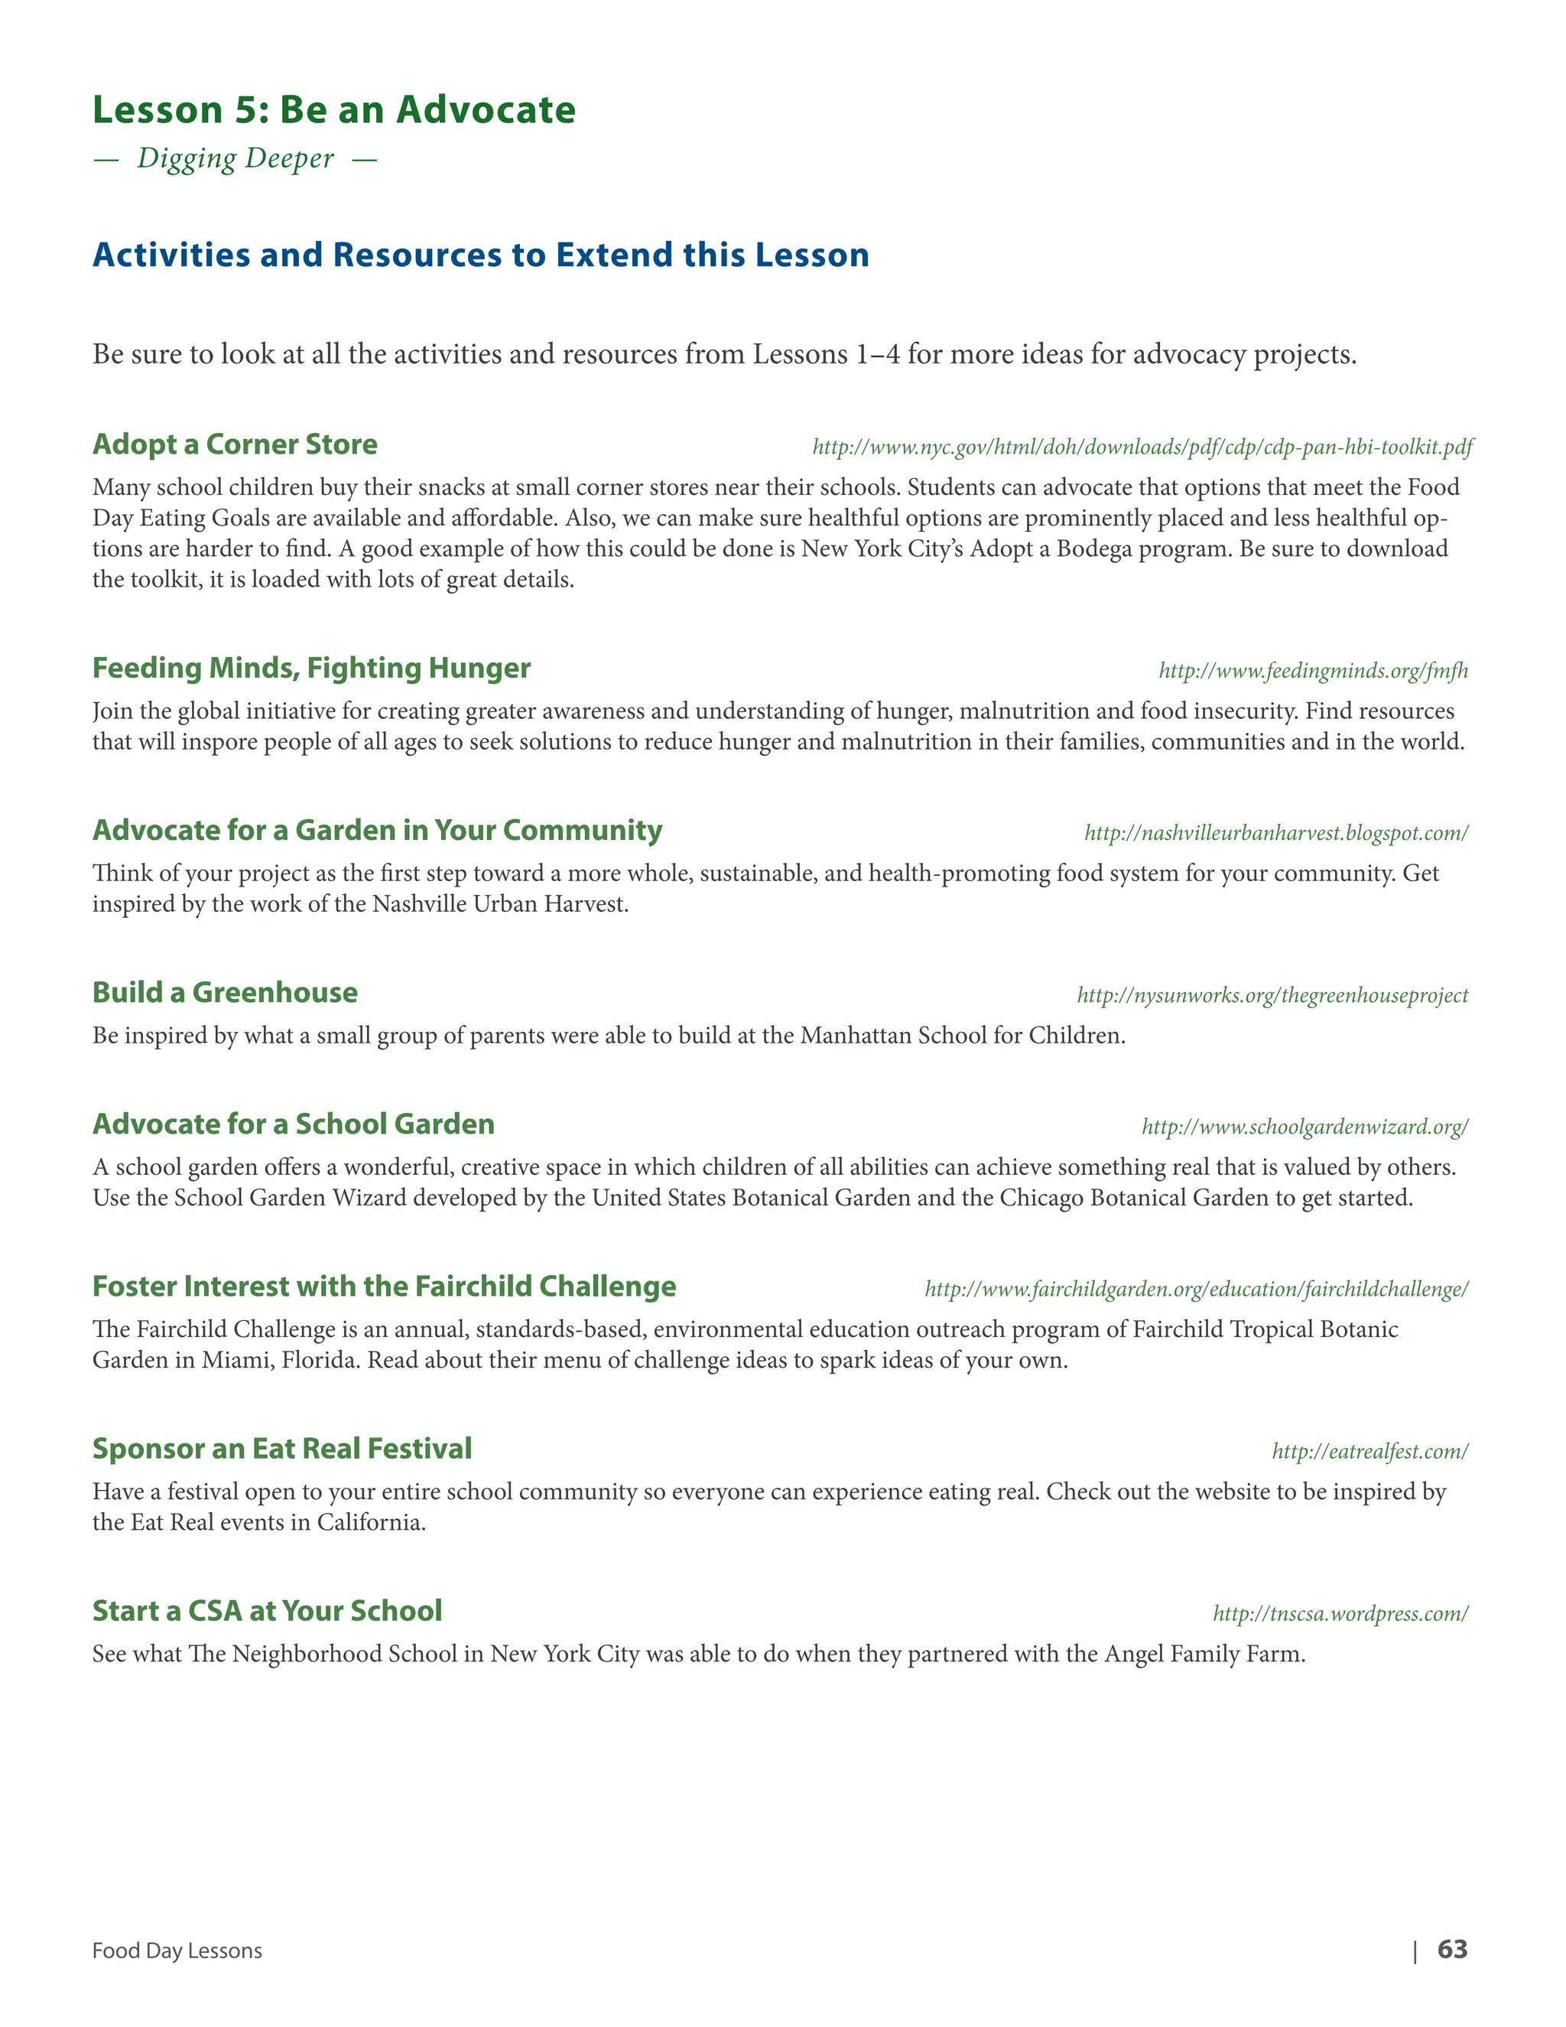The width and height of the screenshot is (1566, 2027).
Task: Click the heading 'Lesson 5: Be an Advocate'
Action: pos(334,109)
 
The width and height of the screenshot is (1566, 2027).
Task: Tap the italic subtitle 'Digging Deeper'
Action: pos(235,158)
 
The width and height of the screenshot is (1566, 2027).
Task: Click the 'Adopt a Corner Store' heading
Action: pos(235,444)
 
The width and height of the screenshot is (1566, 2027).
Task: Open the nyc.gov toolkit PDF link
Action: pos(1142,447)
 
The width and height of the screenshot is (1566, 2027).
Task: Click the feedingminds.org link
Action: pos(1313,671)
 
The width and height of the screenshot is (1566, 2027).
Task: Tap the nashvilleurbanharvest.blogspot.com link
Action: pos(1275,834)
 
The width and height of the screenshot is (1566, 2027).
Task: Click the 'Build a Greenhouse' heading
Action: pos(225,992)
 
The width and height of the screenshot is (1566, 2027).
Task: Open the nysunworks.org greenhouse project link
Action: pos(1272,996)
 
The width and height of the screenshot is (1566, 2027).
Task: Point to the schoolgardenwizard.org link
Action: pos(1304,1127)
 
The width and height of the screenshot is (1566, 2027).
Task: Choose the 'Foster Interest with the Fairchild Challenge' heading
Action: pos(384,1287)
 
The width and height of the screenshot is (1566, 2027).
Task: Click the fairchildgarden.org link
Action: pos(1196,1289)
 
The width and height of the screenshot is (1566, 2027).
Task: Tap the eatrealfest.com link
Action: pos(1369,1452)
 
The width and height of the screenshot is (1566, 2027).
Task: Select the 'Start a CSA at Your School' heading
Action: pos(267,1611)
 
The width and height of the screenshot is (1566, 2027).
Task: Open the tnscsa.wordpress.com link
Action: pos(1340,1614)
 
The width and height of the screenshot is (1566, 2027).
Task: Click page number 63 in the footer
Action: pos(1452,1949)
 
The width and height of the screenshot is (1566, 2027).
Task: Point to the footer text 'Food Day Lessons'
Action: pos(177,1951)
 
